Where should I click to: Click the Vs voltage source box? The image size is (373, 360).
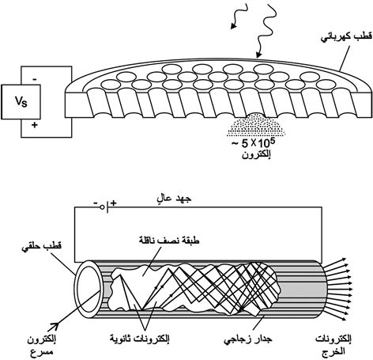tap(21, 102)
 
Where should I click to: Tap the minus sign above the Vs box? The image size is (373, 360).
tap(35, 80)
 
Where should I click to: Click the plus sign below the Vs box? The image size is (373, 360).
tap(34, 125)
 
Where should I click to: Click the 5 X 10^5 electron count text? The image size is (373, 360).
tap(254, 144)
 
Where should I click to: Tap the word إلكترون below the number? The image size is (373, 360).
tap(256, 155)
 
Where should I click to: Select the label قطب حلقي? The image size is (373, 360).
tap(41, 247)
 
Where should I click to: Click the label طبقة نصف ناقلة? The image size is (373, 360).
tap(169, 241)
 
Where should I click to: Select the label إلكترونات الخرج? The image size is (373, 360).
tap(333, 345)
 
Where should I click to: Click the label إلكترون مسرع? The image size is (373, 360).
tap(41, 346)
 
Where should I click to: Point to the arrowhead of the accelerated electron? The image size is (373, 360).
tap(55, 326)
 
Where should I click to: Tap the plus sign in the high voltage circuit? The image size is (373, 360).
tap(113, 203)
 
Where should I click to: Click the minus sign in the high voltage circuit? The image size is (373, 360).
tap(96, 203)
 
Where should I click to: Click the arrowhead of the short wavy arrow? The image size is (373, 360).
tap(233, 25)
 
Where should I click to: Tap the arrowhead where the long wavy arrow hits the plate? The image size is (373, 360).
tap(259, 55)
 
